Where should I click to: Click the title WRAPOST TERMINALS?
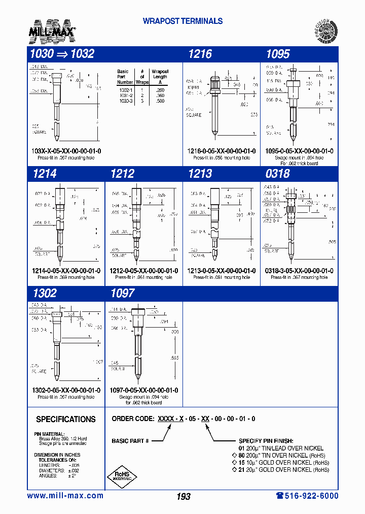coord(182,21)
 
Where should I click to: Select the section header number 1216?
coord(200,54)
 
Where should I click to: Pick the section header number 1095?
coord(278,54)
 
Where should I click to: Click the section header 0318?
coord(277,174)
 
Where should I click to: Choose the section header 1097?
coord(122,294)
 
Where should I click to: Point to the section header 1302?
coord(44,294)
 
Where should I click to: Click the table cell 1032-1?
coord(125,89)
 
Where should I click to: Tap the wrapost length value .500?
coord(160,101)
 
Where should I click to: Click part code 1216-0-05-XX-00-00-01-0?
coord(222,151)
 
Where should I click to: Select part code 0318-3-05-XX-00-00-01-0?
coord(299,271)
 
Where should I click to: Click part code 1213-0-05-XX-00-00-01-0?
coord(222,271)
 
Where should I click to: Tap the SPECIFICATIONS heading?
coord(66,420)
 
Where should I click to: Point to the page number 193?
coord(184,496)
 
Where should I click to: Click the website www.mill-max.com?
coord(65,496)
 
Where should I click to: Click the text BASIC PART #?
coord(130,441)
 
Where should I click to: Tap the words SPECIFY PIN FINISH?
coord(266,441)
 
